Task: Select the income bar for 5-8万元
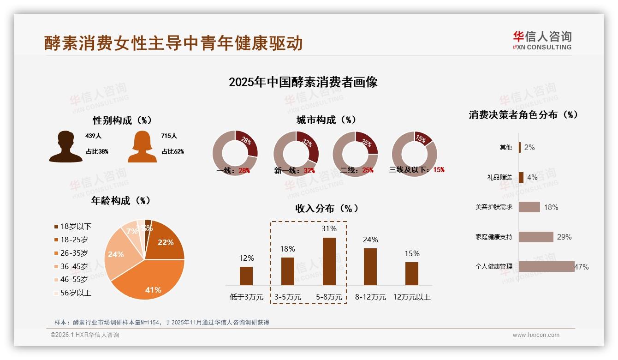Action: pos(329,261)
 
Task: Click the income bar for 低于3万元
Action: pos(246,276)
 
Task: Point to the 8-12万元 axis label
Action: pos(370,297)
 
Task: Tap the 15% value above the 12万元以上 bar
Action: pos(411,253)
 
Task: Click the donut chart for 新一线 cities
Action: pos(296,154)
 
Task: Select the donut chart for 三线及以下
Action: pos(414,154)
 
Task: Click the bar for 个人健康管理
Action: pos(547,266)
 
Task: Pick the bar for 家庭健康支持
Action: pos(536,237)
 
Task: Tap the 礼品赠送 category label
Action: pos(499,177)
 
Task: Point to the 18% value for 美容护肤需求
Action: pos(551,207)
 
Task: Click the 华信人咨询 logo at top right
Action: pos(542,40)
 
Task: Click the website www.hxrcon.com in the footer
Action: pos(536,335)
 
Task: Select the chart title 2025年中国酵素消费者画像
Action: pos(303,82)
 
